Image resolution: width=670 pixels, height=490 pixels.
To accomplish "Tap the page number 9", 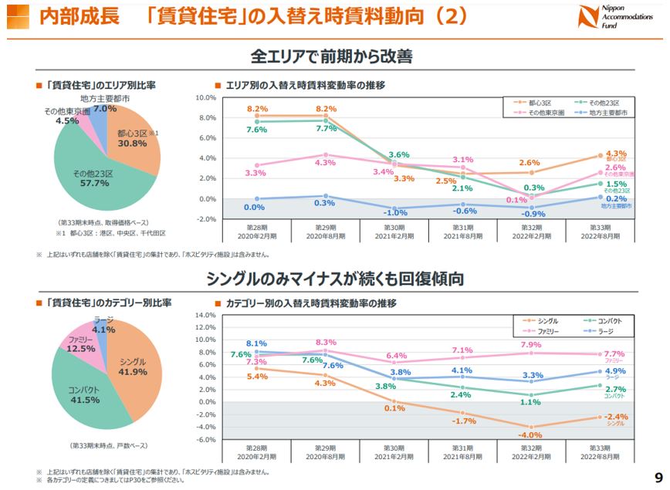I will pyautogui.click(x=658, y=476).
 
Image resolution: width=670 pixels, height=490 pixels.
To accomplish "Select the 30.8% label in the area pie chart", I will pyautogui.click(x=132, y=144).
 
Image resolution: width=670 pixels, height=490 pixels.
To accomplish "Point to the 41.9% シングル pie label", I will pyautogui.click(x=133, y=371).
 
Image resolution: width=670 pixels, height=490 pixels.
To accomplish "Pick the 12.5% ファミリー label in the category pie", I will pyautogui.click(x=81, y=349).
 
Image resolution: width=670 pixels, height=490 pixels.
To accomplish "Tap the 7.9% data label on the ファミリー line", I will pyautogui.click(x=531, y=345).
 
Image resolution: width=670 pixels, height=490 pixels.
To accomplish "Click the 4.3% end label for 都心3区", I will pyautogui.click(x=616, y=153).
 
